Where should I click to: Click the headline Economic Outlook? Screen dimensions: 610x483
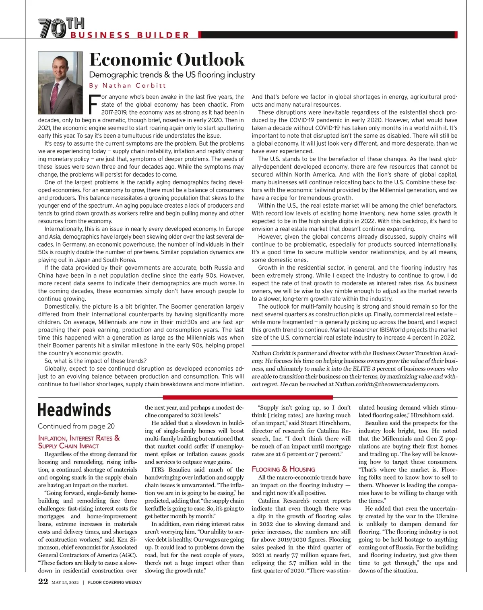tap(167, 60)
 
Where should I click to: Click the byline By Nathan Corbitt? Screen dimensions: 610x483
tap(128, 85)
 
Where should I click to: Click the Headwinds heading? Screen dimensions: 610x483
tap(74, 410)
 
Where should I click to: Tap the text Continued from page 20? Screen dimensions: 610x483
tap(76, 426)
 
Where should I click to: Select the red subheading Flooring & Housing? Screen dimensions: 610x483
tap(283, 469)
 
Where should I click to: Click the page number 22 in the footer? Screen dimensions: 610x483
tap(43, 581)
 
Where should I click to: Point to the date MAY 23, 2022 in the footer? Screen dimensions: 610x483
tap(65, 582)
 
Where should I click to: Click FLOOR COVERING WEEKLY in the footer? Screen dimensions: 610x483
tap(115, 582)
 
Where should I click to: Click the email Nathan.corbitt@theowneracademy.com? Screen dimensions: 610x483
tap(386, 384)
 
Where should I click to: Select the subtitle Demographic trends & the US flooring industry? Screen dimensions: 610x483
tap(172, 75)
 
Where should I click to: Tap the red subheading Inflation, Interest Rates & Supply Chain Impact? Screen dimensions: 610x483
tap(78, 442)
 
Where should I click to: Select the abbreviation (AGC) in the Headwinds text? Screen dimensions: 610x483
tap(128, 555)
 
